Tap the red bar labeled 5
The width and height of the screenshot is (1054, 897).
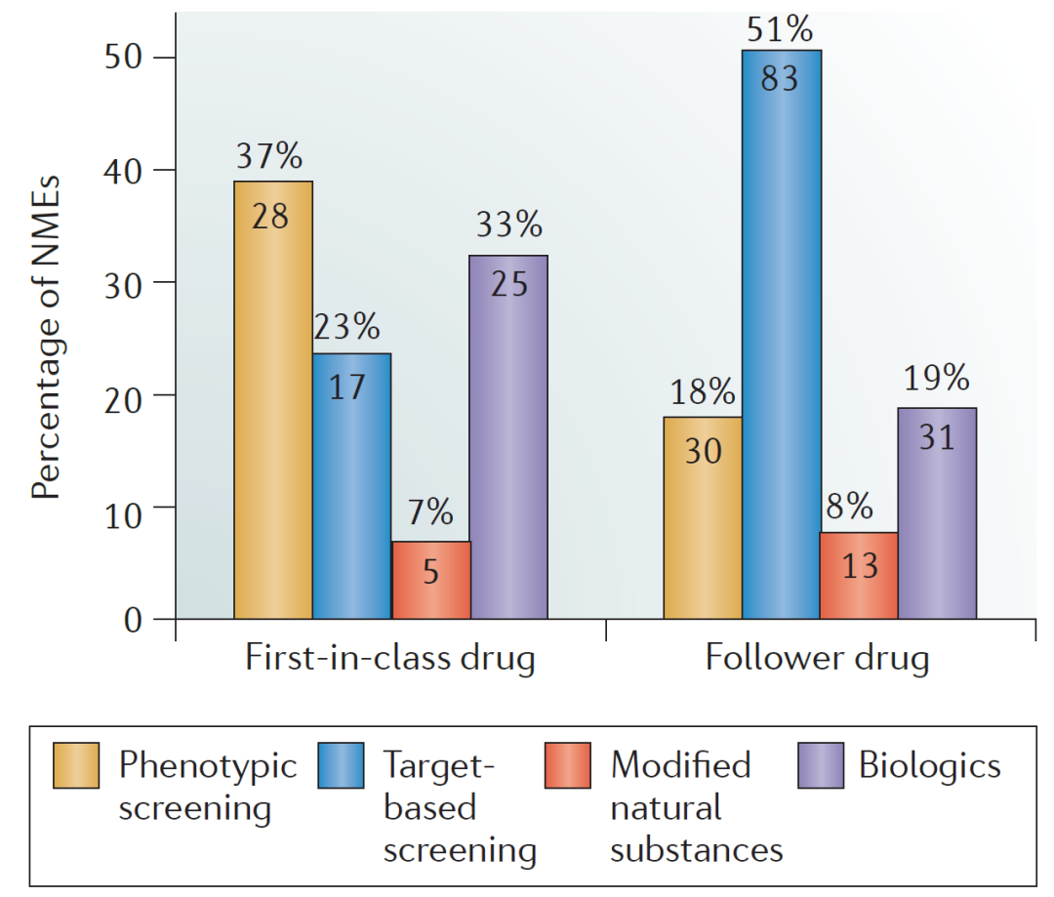tap(431, 580)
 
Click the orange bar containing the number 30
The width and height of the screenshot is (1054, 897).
tap(703, 518)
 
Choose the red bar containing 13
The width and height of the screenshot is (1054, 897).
tap(859, 576)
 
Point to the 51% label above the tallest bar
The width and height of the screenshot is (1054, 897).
tap(780, 30)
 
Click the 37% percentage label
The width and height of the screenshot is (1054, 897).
tap(269, 156)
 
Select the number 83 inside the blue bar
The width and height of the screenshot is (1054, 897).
tap(780, 78)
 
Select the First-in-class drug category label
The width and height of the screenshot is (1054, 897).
tap(390, 659)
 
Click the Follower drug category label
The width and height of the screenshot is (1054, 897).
tap(818, 659)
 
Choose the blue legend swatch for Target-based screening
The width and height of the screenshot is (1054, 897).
tap(341, 765)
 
